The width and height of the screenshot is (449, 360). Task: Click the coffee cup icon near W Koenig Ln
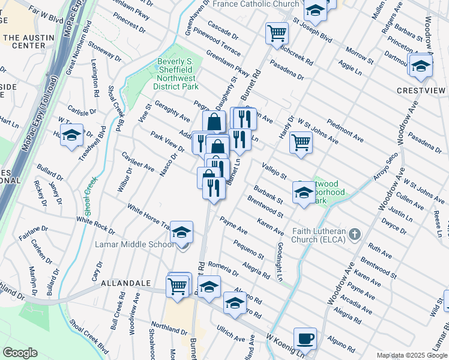pos(305,338)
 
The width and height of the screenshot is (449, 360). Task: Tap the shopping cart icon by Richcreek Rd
pos(277,33)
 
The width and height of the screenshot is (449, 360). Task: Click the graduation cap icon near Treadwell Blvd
pos(71,135)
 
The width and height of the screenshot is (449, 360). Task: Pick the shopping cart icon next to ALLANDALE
pos(178,285)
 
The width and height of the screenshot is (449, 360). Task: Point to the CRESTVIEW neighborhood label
pos(421,91)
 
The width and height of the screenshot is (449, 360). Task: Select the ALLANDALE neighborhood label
pos(124,282)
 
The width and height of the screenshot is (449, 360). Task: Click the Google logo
pos(19,353)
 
